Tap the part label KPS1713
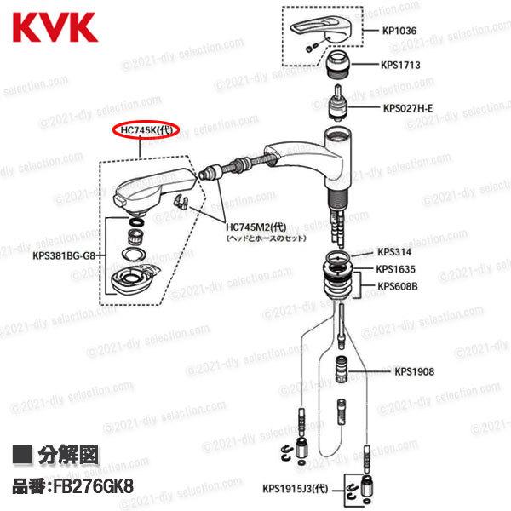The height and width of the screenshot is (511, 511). [401, 65]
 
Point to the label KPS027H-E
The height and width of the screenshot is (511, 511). [408, 108]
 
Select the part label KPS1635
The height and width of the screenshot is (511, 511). [396, 269]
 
